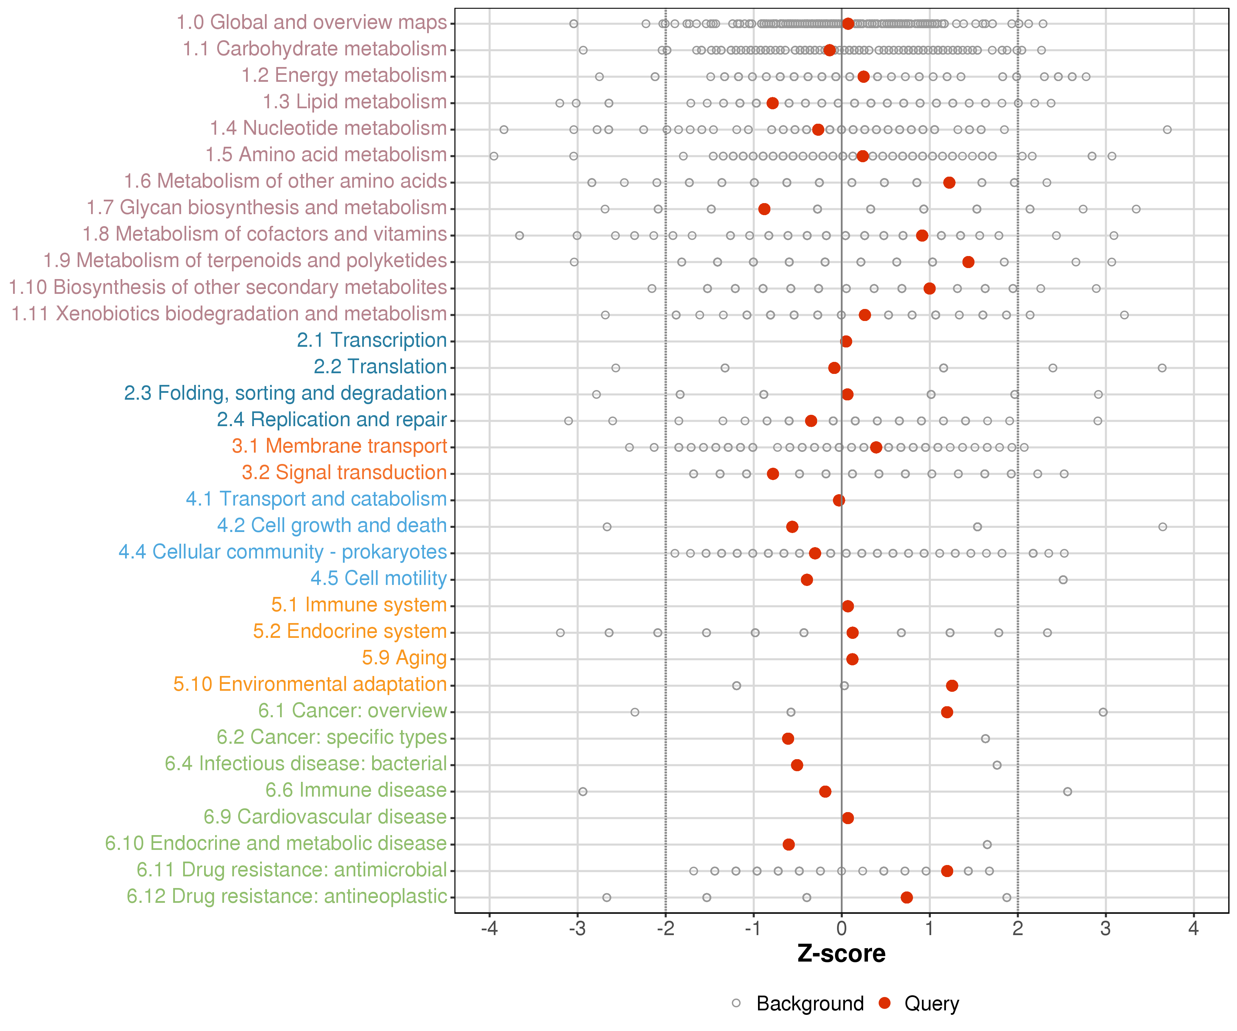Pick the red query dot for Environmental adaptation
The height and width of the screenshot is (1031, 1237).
coord(951,685)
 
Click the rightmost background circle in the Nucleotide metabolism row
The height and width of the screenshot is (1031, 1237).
coord(1167,130)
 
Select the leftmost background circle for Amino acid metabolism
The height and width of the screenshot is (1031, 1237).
coord(494,156)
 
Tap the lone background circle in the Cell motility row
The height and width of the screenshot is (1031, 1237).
coord(1063,580)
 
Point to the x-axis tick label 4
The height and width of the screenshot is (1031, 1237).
coord(1193,929)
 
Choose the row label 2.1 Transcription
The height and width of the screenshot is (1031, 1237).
coord(372,341)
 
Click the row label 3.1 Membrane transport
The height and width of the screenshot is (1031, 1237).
coord(339,446)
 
